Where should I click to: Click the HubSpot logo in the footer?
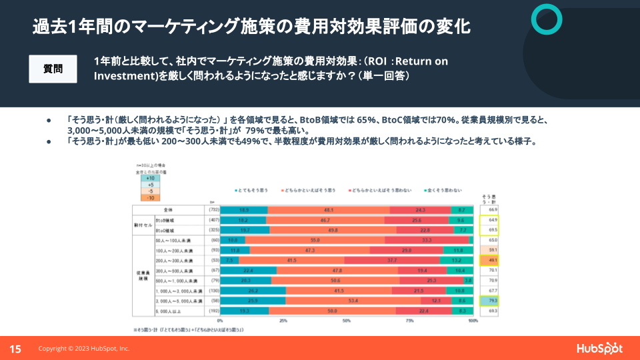(x=599, y=348)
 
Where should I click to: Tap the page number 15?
(x=14, y=349)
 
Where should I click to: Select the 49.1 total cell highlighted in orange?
(x=493, y=260)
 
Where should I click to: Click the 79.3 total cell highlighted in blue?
(x=493, y=301)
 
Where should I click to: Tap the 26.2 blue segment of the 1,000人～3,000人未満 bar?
(x=253, y=291)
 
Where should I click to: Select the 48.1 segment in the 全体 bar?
(x=328, y=209)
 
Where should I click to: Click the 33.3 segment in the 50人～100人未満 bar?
(x=427, y=239)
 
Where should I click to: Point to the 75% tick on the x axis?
(x=409, y=321)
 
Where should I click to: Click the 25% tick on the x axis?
(x=283, y=321)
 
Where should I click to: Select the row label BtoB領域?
(x=165, y=219)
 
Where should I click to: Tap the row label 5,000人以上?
(x=167, y=311)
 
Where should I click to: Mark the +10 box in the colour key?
(x=151, y=179)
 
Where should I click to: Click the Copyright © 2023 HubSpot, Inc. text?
(x=84, y=349)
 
